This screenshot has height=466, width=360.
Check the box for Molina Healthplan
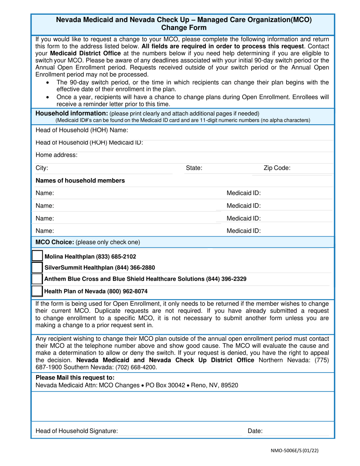[37, 256]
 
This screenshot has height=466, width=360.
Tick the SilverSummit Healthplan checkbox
[37, 267]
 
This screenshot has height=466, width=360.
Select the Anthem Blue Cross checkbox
[37, 279]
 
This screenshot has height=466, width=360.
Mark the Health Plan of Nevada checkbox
[37, 291]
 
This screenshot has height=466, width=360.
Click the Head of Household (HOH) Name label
[81, 130]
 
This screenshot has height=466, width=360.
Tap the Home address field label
[56, 155]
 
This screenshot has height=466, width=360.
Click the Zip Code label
[277, 168]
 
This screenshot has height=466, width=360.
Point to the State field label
[194, 168]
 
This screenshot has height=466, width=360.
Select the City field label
[42, 168]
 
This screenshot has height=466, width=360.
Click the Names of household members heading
[80, 181]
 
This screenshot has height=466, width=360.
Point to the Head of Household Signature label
[77, 431]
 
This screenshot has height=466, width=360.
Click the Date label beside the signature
[255, 431]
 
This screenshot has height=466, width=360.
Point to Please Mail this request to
[75, 378]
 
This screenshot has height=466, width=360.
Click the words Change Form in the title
[184, 28]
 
